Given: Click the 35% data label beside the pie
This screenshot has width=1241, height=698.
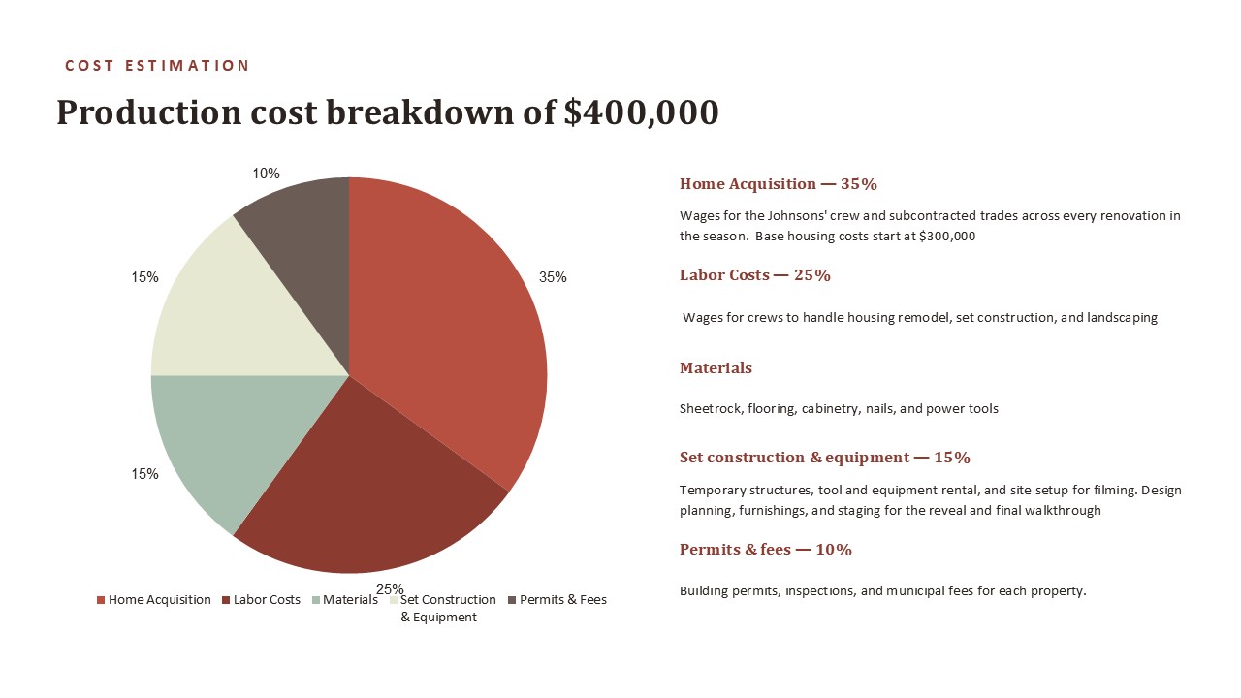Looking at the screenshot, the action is coord(553,277).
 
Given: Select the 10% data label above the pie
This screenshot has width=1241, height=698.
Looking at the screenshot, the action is coord(266,174).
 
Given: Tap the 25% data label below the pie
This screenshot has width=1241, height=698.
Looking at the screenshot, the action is coord(390,588).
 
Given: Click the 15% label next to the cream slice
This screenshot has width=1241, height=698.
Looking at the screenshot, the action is coord(144,277).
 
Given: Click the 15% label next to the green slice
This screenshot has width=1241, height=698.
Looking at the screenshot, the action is coord(144,474).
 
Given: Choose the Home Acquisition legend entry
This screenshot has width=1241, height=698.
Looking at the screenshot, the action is coord(154,599).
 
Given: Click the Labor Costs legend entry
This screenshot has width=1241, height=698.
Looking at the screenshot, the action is coord(261,599).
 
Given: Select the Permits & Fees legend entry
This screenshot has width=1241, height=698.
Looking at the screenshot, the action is coord(557,599).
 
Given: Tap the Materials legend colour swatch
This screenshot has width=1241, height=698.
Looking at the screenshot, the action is coord(316,600).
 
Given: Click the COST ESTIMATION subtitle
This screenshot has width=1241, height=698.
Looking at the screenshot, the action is coord(157,66).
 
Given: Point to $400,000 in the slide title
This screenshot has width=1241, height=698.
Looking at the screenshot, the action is coord(642,111).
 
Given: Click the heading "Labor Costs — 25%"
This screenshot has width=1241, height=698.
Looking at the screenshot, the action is coord(755,275).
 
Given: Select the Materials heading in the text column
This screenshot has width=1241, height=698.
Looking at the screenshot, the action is coord(716,367).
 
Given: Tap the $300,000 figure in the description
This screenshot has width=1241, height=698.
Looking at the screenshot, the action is coord(947,237).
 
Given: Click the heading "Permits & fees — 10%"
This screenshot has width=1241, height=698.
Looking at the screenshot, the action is coord(766,549).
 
